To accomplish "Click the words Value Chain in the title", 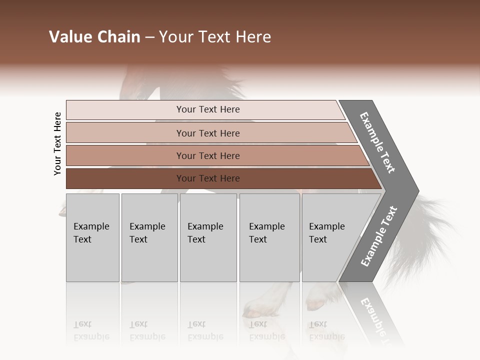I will tap(94, 37).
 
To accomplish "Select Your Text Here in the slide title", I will tap(215, 37).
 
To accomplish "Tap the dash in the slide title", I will tap(149, 37).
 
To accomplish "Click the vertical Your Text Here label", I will tap(57, 143).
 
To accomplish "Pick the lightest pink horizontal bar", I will tap(207, 109).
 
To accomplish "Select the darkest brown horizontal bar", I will tap(207, 178).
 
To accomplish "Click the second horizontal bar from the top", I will tap(207, 133).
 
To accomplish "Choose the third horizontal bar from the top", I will tap(207, 155).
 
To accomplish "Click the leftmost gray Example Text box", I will tap(92, 237).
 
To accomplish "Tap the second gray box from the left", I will tap(149, 237).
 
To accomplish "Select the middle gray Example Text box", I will tap(208, 237).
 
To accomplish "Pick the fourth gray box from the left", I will tap(269, 237).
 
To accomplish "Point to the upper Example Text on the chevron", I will tap(377, 142).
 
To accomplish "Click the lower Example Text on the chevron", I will tap(379, 236).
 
